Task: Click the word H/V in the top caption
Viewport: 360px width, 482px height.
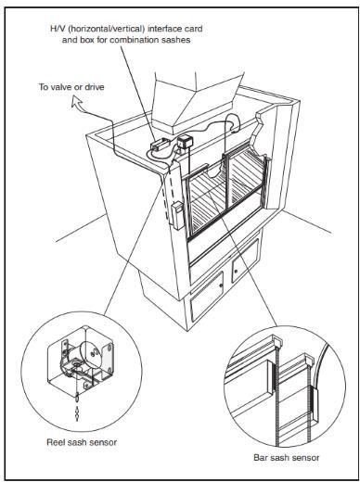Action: pos(58,29)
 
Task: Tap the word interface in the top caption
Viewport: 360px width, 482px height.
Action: pos(163,29)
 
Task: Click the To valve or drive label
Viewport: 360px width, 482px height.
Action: pos(71,87)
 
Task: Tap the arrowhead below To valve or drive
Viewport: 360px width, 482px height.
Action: pos(76,102)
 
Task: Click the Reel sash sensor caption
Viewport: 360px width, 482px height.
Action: pos(82,442)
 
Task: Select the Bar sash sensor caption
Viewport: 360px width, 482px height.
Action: pos(287,457)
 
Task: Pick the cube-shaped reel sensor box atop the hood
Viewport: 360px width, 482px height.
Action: pos(185,142)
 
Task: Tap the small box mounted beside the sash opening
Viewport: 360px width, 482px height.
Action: pos(178,215)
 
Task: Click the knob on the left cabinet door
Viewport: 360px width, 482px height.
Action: pos(222,285)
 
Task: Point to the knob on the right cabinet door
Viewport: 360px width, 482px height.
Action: pos(236,272)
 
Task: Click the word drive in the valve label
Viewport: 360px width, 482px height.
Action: pos(95,87)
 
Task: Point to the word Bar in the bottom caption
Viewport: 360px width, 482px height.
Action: pos(260,457)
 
